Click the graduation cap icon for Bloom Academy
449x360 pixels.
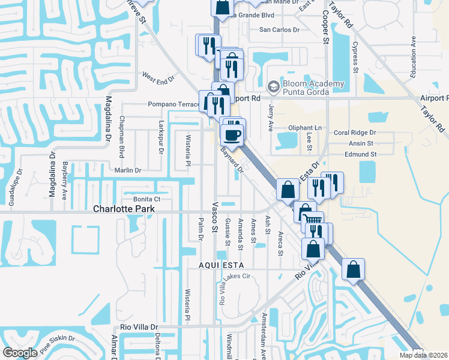tap(274, 87)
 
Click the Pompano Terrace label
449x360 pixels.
tap(173, 104)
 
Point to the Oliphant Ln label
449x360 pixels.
tap(305, 128)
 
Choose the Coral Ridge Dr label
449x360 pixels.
tap(355, 133)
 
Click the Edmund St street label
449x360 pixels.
tap(360, 154)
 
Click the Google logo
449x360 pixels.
tap(20, 353)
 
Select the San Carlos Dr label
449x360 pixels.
tap(279, 29)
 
